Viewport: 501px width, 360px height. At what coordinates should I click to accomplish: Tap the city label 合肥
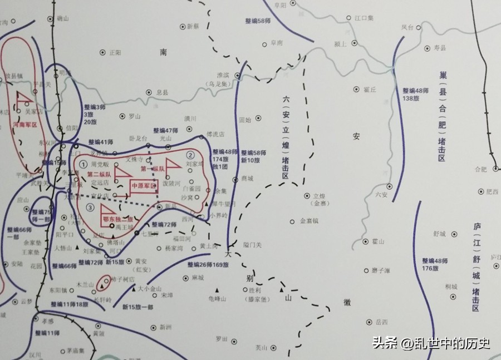(x=479, y=169)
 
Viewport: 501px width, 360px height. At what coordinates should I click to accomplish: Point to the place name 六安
(x=381, y=194)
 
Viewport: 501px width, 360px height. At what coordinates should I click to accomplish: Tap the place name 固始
(x=245, y=120)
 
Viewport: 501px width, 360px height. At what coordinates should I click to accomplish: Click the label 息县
(x=161, y=93)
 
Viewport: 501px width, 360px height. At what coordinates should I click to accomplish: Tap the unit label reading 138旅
(x=412, y=98)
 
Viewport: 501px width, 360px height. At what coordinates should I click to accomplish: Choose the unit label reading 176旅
(x=433, y=269)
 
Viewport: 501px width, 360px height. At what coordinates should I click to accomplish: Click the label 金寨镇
(x=310, y=221)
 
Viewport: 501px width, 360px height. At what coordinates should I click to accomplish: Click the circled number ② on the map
(x=191, y=155)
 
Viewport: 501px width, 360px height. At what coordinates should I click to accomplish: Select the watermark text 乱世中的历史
(x=453, y=343)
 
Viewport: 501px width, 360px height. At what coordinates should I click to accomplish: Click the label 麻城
(x=198, y=277)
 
